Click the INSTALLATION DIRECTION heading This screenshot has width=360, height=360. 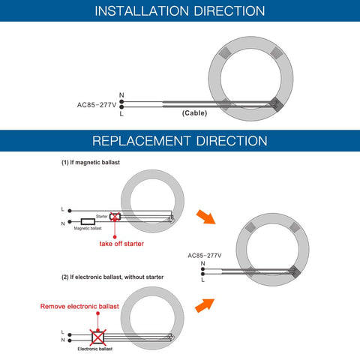click(180, 11)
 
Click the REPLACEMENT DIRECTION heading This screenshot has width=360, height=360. click(180, 141)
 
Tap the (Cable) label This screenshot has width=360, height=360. click(194, 113)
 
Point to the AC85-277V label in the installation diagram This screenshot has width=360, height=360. click(97, 105)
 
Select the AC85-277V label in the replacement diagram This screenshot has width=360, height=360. click(205, 256)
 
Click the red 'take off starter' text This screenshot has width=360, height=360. click(121, 244)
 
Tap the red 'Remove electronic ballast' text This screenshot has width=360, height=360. click(79, 307)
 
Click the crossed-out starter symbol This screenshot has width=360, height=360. click(115, 217)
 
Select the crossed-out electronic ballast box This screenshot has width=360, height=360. click(97, 337)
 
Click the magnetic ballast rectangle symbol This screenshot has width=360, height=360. click(88, 222)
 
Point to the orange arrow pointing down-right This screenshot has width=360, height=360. click(205, 217)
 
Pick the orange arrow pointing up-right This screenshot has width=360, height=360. click(205, 305)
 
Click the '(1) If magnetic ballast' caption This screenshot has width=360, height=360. click(91, 163)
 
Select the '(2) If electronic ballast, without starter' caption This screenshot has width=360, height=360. click(112, 277)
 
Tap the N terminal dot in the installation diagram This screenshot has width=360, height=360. click(121, 101)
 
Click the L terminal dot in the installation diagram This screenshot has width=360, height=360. click(121, 107)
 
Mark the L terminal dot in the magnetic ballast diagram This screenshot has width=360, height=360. click(70, 211)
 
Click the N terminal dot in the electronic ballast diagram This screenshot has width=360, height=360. click(70, 340)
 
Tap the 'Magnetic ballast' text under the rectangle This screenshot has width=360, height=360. click(88, 228)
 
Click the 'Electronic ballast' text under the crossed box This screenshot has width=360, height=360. click(95, 349)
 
